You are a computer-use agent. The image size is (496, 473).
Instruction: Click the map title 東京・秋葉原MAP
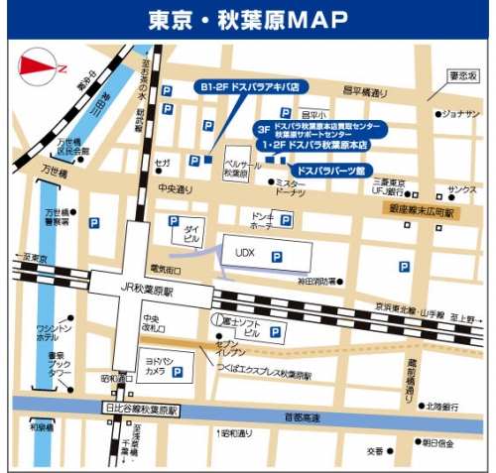coord(248,19)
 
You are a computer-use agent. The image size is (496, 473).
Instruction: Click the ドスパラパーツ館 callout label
coord(332,171)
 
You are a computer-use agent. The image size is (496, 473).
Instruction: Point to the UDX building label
coord(245,255)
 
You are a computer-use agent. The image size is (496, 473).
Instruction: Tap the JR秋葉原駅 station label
coord(147,293)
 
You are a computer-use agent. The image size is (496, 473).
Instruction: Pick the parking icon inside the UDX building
coord(277,257)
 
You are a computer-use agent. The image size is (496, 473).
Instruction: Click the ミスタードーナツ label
coord(291,188)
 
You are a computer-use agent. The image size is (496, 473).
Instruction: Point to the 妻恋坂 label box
coord(462,75)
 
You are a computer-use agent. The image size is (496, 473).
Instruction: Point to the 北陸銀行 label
coord(442,406)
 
